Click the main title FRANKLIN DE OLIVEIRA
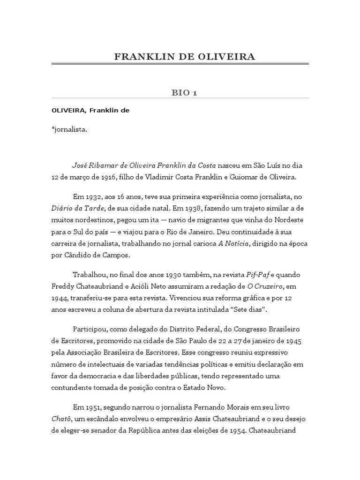point(185,57)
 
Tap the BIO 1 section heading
point(185,93)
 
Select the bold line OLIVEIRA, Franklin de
point(90,111)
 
